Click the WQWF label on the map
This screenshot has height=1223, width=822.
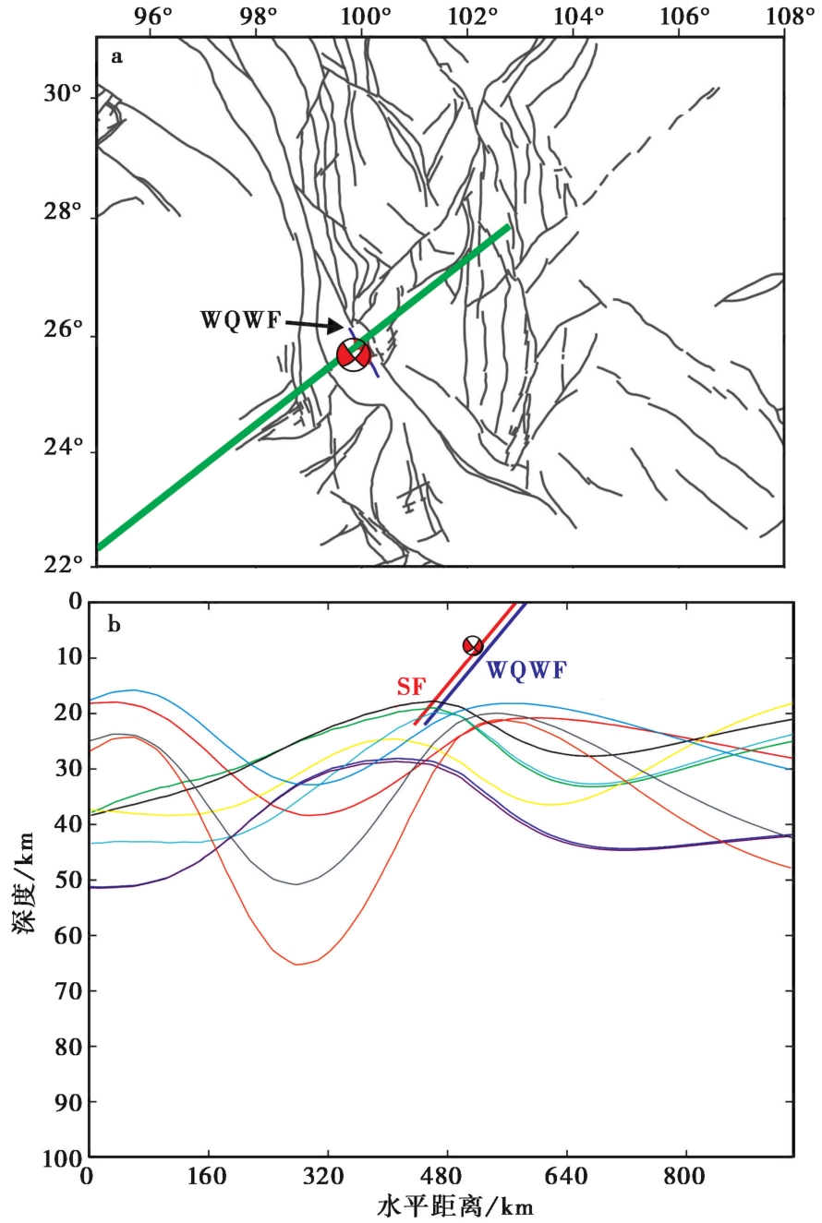(239, 321)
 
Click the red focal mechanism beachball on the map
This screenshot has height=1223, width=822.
(354, 354)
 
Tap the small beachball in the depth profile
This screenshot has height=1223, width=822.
(472, 645)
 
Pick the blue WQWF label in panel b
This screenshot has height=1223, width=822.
(526, 671)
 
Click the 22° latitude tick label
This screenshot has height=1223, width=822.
(63, 565)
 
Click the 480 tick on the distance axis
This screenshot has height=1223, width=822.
(447, 1179)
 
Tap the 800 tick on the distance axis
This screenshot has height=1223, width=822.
(685, 1179)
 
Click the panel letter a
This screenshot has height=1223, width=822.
(116, 57)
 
